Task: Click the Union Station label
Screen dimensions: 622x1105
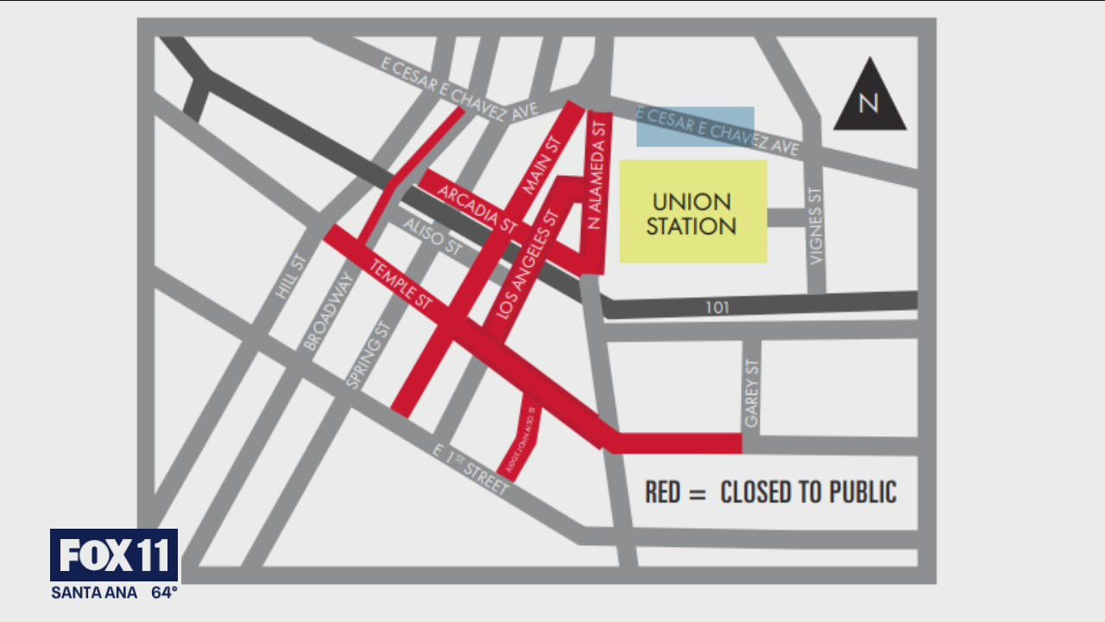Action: (693, 213)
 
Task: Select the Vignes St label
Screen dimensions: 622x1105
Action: (816, 226)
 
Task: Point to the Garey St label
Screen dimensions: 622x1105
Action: (751, 394)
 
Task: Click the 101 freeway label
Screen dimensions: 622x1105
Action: (717, 307)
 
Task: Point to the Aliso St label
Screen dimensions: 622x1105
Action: (432, 236)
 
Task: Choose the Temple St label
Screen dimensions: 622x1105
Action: (401, 284)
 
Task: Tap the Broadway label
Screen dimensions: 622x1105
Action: (329, 311)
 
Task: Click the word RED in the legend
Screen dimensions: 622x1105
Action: (663, 492)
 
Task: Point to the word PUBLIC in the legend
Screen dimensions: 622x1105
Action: (862, 492)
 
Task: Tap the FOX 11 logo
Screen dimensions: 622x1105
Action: (114, 555)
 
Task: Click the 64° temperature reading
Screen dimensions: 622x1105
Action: (164, 593)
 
